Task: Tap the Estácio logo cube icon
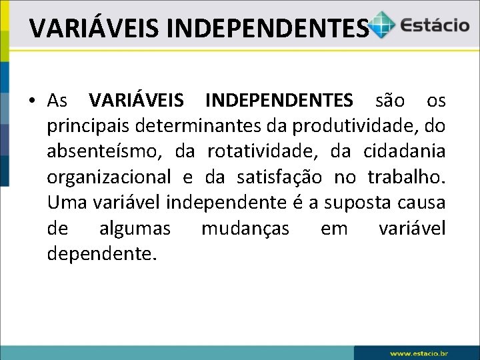point(383,25)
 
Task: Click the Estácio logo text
point(434,25)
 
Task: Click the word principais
point(88,126)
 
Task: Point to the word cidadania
point(405,151)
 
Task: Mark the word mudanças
point(245,229)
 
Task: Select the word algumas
point(135,229)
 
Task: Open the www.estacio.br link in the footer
point(419,353)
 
